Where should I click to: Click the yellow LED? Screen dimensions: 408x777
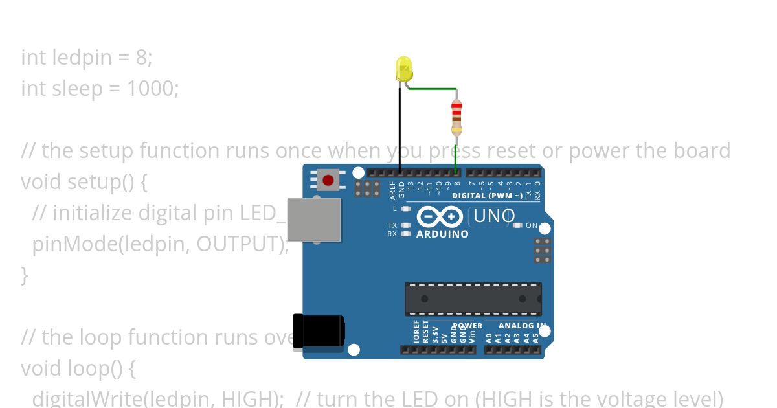[403, 69]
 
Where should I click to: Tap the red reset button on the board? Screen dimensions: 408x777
[328, 179]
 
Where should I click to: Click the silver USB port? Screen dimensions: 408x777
[314, 220]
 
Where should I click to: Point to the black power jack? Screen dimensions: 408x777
[318, 333]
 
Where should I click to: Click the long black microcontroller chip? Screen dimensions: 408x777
[473, 299]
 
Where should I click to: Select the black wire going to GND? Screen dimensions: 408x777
[400, 130]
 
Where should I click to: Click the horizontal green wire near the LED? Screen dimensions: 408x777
[433, 89]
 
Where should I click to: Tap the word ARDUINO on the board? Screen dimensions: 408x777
[442, 234]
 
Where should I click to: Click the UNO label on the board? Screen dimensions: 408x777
[494, 216]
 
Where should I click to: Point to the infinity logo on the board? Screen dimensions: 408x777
[440, 216]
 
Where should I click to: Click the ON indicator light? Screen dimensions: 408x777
[517, 225]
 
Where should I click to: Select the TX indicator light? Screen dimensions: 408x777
[406, 225]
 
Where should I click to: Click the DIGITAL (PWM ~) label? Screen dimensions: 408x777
[487, 196]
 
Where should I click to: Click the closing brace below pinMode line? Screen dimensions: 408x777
[25, 275]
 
